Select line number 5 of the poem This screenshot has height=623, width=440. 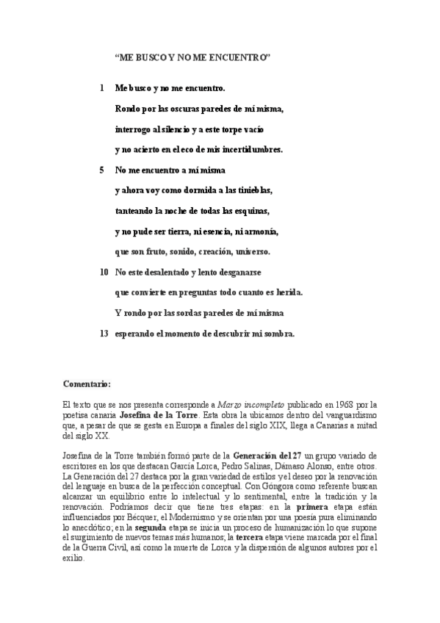101,170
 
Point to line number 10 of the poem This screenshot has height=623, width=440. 104,272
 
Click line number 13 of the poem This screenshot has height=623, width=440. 104,333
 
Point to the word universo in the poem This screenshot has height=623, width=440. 249,251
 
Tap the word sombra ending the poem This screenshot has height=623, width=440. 277,333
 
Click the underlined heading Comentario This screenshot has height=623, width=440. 87,383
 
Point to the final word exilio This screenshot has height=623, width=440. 73,558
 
